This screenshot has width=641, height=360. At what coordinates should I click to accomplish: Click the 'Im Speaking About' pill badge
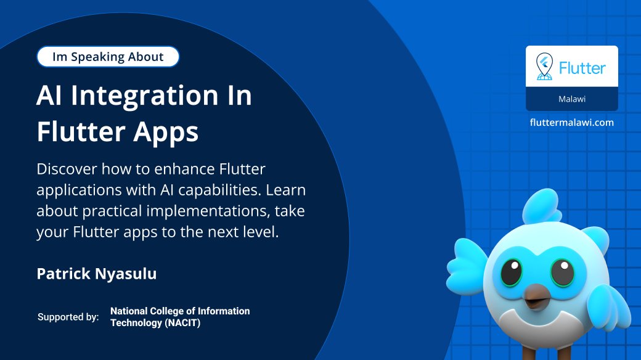108,57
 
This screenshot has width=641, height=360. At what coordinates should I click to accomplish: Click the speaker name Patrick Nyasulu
97,274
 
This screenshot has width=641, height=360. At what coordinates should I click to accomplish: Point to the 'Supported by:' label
68,317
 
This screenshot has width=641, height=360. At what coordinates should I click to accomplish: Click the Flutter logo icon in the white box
544,67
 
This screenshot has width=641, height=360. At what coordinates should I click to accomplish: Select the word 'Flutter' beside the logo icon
582,67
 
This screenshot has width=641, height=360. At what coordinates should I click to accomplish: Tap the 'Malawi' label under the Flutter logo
571,99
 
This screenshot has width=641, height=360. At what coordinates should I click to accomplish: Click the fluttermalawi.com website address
572,122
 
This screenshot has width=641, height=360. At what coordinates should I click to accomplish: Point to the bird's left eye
510,271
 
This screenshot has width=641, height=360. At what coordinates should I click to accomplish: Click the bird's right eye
562,272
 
